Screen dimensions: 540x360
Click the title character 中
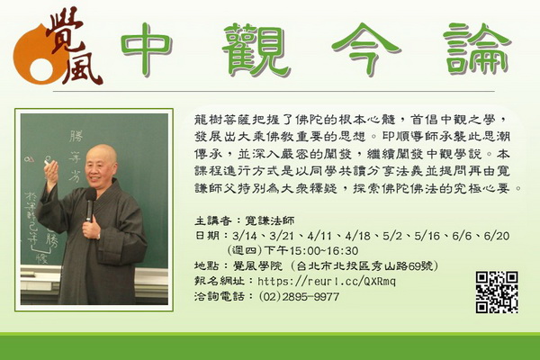[146, 50]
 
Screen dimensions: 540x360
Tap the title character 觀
[256, 50]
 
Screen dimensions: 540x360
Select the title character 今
[365, 49]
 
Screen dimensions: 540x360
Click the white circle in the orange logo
[41, 69]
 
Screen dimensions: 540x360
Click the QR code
[497, 292]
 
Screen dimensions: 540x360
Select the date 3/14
[244, 236]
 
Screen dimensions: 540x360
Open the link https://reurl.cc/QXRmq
[327, 281]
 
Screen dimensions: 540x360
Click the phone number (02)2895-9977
[299, 296]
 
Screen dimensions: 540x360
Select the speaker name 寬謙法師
[270, 220]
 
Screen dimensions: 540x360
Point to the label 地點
[206, 265]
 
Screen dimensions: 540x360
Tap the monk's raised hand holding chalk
[51, 173]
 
